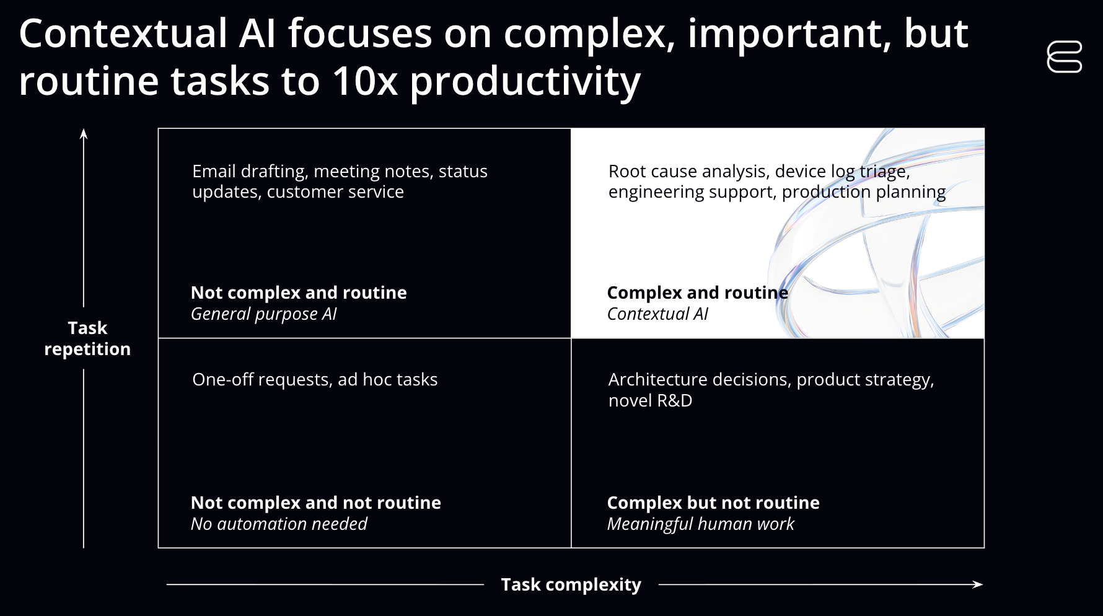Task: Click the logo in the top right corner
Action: pyautogui.click(x=1064, y=57)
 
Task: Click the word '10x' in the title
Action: pyautogui.click(x=364, y=81)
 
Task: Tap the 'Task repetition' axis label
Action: pyautogui.click(x=87, y=338)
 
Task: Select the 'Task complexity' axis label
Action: pyautogui.click(x=571, y=584)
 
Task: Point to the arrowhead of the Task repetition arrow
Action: pyautogui.click(x=84, y=133)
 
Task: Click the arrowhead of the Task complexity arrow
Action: pyautogui.click(x=978, y=584)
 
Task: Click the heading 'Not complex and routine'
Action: pyautogui.click(x=299, y=293)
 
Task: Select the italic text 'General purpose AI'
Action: pyautogui.click(x=263, y=314)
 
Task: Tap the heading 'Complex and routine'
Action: pyautogui.click(x=697, y=293)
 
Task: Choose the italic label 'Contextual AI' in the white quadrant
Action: pyautogui.click(x=657, y=314)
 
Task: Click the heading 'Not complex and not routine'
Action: pyautogui.click(x=316, y=503)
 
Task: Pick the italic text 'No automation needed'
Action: pyautogui.click(x=279, y=524)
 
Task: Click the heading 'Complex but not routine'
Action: pyautogui.click(x=713, y=503)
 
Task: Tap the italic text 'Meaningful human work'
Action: pyautogui.click(x=700, y=524)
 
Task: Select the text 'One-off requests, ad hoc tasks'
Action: pyautogui.click(x=315, y=379)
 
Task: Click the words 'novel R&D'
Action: pyautogui.click(x=650, y=401)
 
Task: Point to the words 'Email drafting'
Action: pyautogui.click(x=250, y=172)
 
